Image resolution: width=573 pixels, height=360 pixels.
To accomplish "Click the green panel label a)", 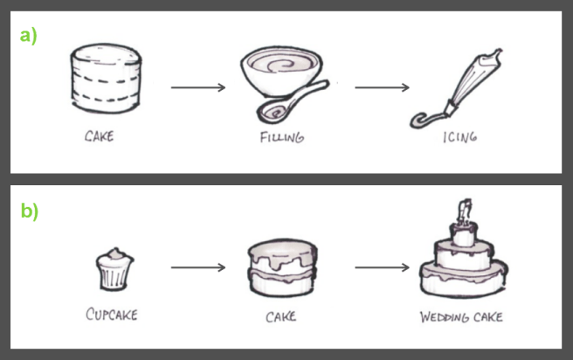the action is click(28, 37).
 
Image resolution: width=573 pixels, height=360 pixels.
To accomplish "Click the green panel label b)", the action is click(29, 211).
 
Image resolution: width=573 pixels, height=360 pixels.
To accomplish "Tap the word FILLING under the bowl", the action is click(282, 137).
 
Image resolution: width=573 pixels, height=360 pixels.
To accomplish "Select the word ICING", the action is click(460, 137).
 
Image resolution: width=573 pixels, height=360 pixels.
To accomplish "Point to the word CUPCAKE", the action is click(112, 315).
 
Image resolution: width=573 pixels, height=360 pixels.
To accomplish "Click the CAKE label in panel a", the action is click(99, 136).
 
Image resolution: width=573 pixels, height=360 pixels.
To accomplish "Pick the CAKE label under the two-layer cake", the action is click(280, 316).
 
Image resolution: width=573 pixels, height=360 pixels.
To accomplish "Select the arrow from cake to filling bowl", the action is click(198, 87).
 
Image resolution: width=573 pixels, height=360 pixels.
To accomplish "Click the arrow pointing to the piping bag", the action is click(382, 87).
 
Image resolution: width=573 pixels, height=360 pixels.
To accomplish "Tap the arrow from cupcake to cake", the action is click(198, 267).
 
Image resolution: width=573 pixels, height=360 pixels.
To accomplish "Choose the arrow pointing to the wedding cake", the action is click(382, 267).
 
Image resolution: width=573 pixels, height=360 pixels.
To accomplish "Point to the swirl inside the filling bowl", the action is click(280, 66).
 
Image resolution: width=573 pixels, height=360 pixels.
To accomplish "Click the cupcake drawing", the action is click(114, 269).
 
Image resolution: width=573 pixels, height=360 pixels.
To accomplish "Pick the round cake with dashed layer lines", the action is click(106, 79).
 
